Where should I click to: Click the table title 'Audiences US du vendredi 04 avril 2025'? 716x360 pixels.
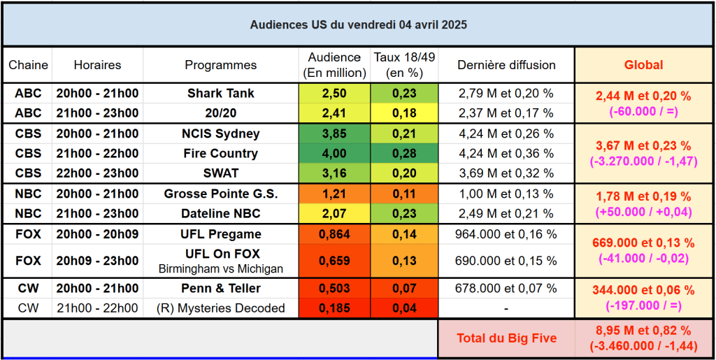[358, 24]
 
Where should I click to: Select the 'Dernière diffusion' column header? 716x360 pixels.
[506, 65]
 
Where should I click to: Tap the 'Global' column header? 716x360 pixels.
[643, 65]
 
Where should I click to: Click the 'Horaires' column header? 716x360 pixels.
[97, 65]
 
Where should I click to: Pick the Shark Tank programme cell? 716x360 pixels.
[220, 93]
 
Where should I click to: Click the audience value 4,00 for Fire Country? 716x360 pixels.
[334, 153]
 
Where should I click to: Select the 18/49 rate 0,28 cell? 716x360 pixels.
[403, 153]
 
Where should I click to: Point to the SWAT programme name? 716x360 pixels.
[220, 173]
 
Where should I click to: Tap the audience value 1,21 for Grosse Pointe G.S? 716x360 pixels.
[334, 194]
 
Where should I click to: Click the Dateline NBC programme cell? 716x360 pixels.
[220, 213]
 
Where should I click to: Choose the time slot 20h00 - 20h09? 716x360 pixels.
[97, 234]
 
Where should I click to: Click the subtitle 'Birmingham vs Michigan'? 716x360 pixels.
[220, 268]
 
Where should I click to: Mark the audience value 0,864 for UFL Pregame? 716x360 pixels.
[334, 234]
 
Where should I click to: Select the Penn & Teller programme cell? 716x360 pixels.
[220, 288]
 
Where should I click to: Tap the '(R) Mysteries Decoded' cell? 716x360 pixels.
[220, 308]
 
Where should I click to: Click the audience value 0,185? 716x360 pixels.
[334, 308]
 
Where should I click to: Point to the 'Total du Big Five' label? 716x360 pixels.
[506, 338]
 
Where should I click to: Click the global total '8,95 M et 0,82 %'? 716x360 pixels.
[643, 331]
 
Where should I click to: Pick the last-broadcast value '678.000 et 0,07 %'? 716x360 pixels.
[506, 288]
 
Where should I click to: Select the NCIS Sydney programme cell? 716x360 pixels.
[220, 134]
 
